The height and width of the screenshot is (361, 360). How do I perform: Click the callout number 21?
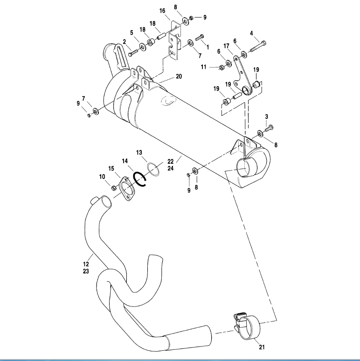261,346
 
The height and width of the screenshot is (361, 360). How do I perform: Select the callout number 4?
251,33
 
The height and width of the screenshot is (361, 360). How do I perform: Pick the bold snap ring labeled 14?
139,179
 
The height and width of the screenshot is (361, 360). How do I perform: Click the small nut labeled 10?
114,187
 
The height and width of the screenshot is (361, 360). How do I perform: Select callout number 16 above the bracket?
162,10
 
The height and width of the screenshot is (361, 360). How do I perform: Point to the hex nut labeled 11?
222,68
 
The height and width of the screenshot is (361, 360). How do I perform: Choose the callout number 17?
227,46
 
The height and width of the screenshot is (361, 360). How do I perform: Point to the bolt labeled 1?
200,37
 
